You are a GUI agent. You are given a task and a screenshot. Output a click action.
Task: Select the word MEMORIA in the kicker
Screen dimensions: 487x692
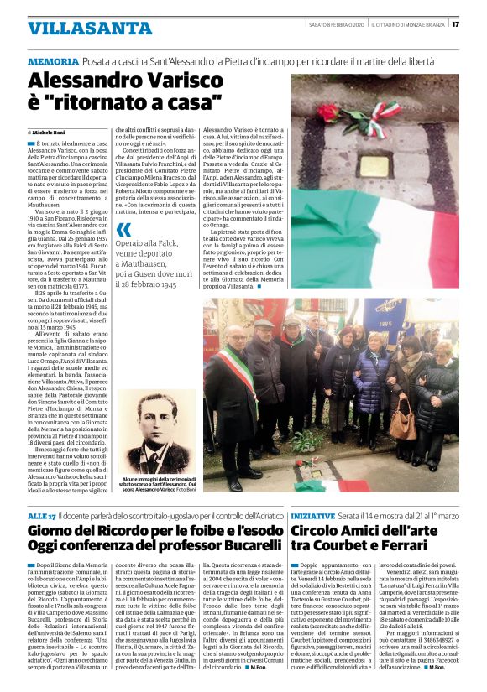(x=53, y=63)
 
